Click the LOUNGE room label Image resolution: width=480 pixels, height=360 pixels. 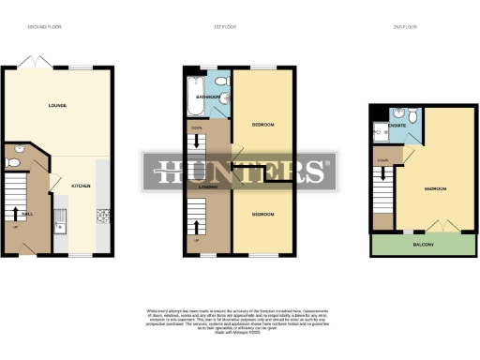click(56, 106)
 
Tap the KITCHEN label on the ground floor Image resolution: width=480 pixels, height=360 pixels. click(82, 186)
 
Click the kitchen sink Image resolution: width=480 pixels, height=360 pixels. click(59, 221)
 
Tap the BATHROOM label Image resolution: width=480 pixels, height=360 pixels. click(206, 96)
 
